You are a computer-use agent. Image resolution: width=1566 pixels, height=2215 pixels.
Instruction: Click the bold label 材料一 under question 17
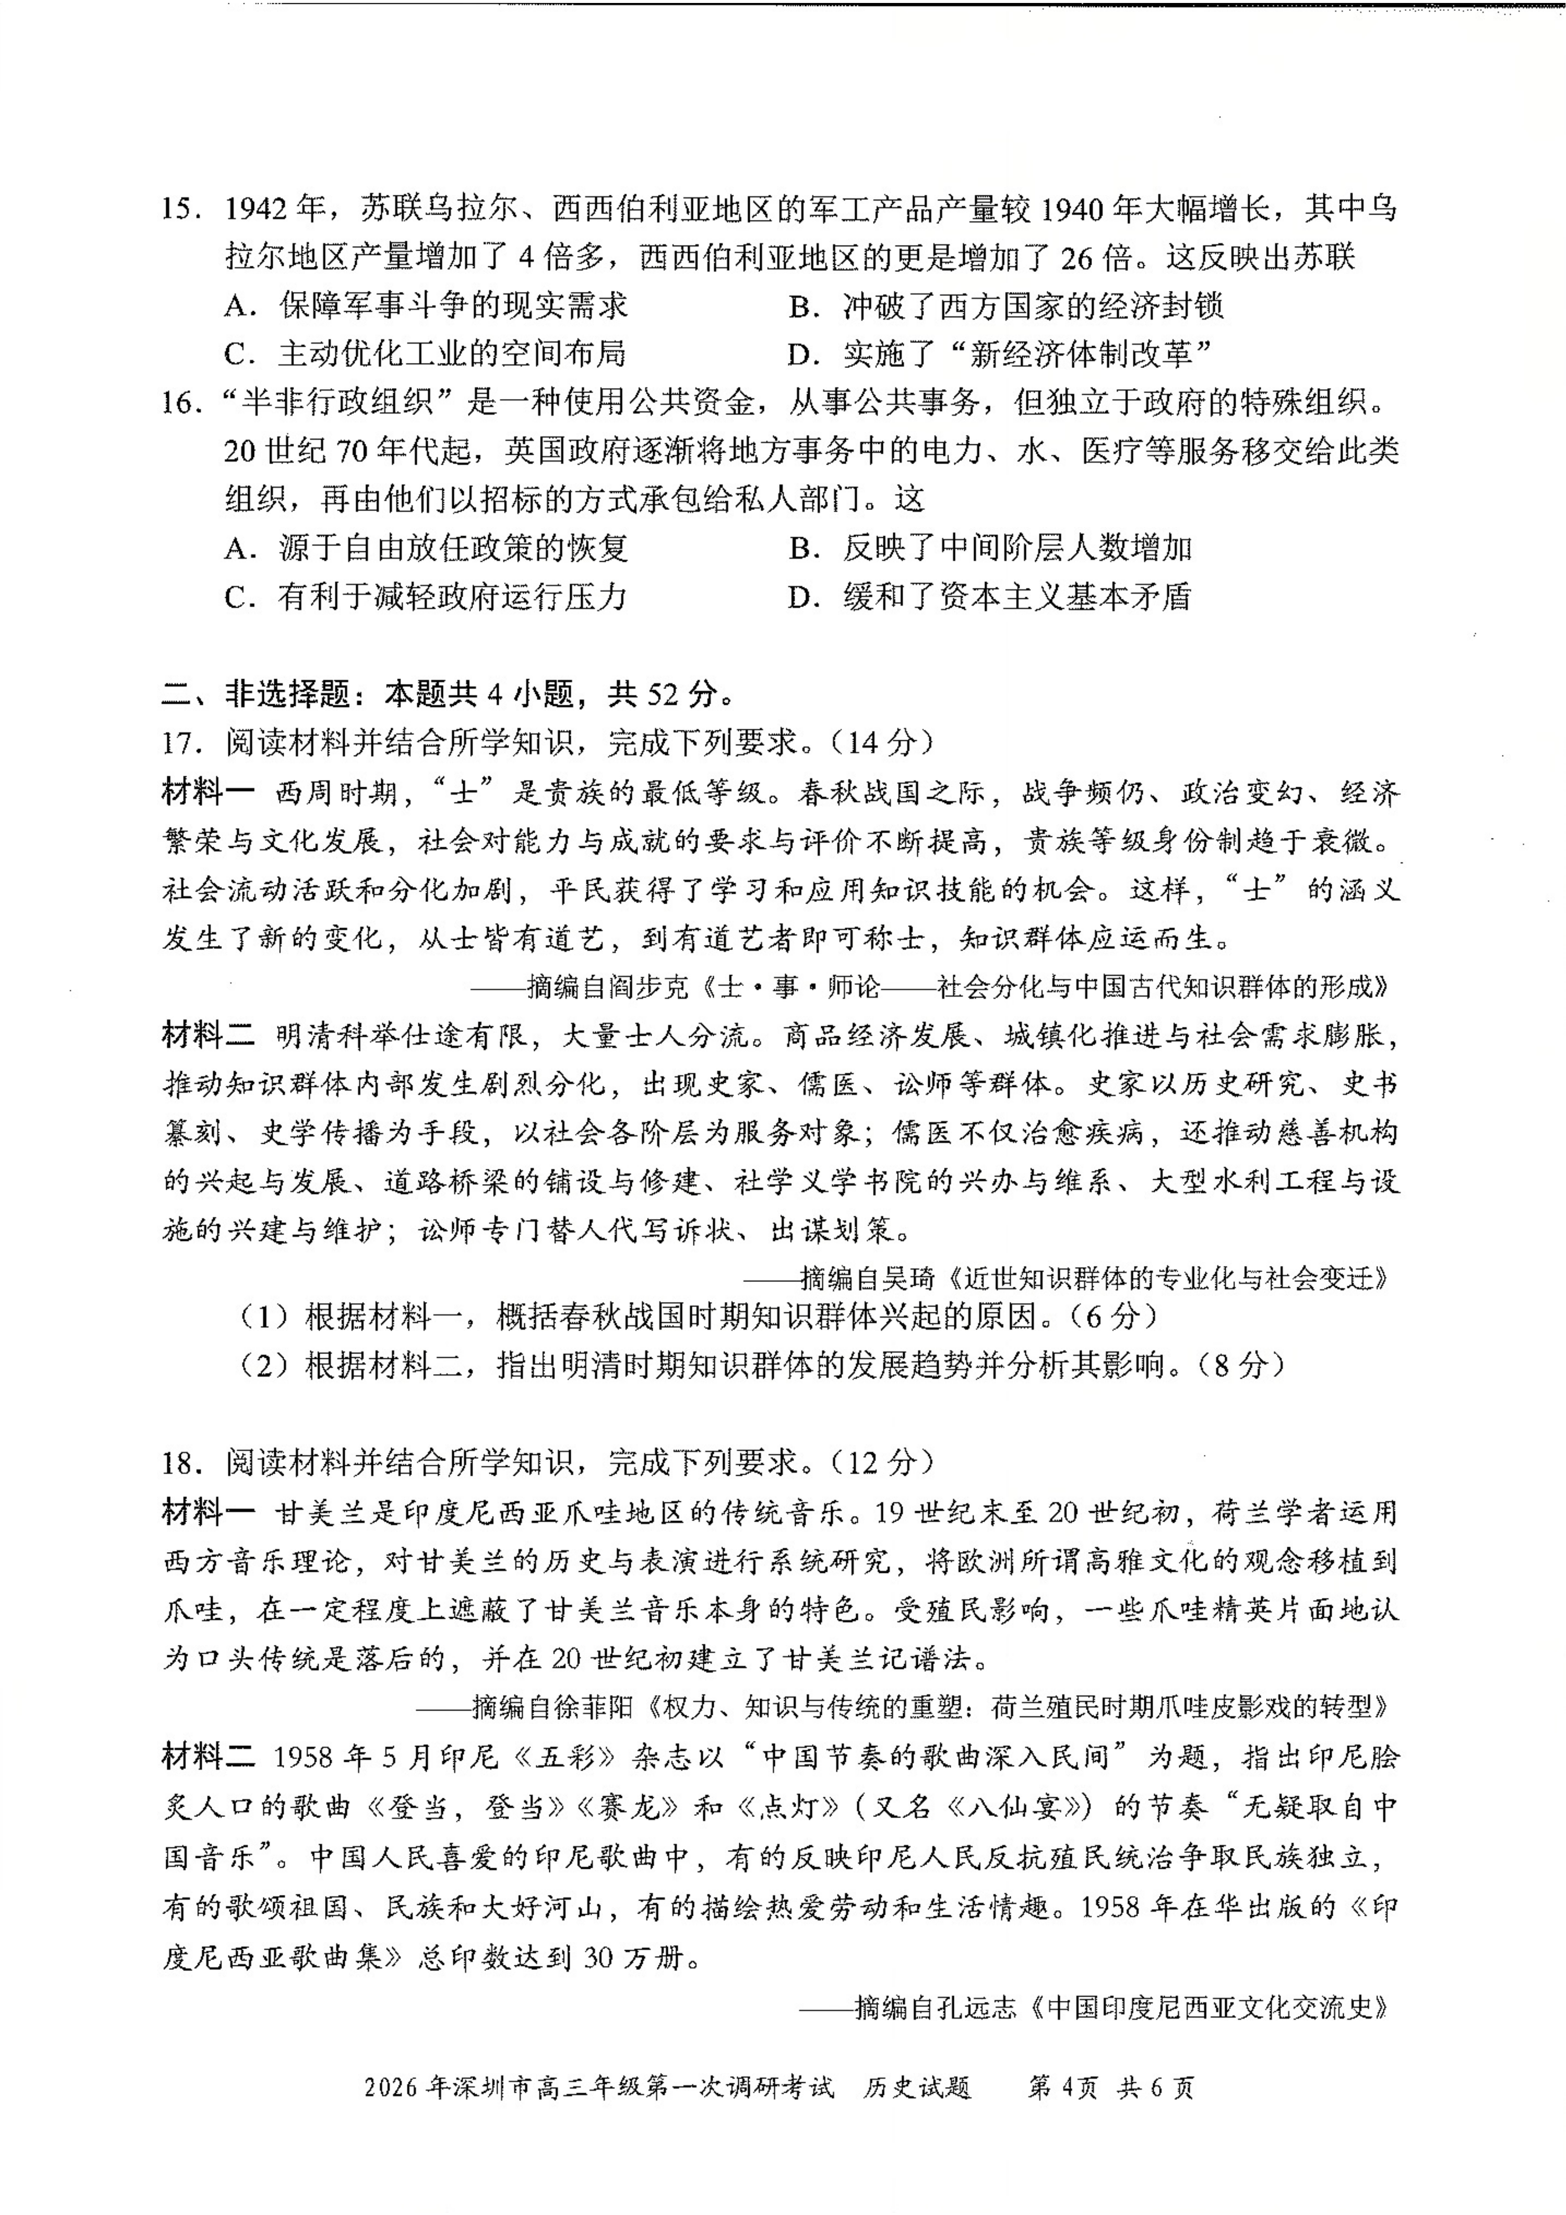(x=208, y=792)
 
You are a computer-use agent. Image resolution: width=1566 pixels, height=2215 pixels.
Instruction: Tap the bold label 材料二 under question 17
(x=208, y=1035)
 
